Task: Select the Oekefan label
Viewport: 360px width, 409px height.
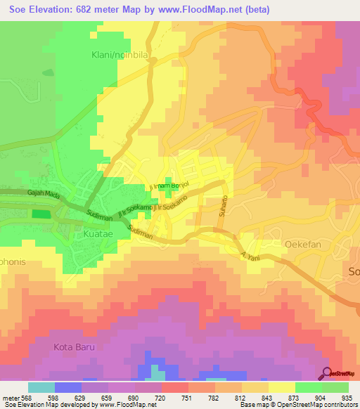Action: tap(303, 244)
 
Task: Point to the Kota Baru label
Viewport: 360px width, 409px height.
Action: tap(74, 347)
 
